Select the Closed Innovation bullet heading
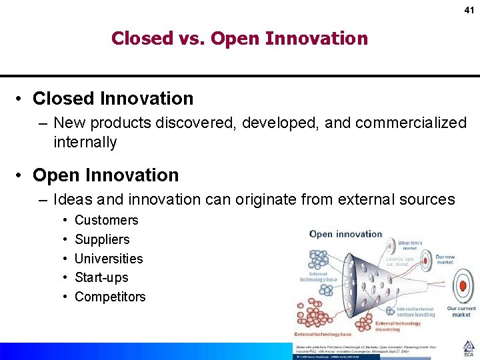click(x=113, y=99)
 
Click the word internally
click(x=85, y=142)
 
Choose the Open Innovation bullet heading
click(x=105, y=175)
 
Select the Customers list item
click(x=106, y=220)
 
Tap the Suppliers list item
click(x=102, y=239)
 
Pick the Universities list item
click(x=109, y=259)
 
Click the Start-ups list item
click(x=101, y=277)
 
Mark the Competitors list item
click(x=110, y=297)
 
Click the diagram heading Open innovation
click(x=345, y=234)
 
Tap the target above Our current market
click(x=461, y=287)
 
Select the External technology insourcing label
click(x=398, y=326)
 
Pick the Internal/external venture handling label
click(x=415, y=311)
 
